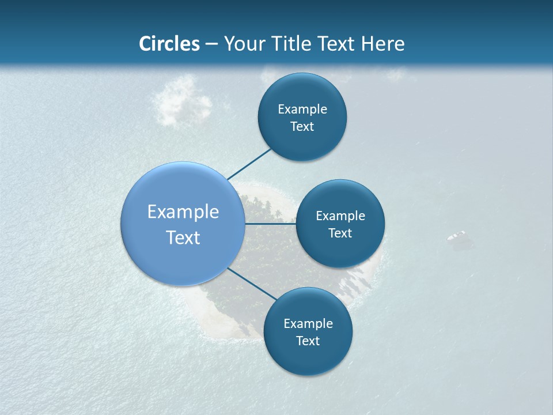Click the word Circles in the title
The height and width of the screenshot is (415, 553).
coord(169,44)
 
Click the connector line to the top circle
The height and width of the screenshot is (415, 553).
coord(249,164)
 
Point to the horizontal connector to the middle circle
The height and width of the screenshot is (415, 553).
coord(270,224)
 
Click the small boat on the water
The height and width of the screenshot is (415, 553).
coord(457,236)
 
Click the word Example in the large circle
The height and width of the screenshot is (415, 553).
coord(183,212)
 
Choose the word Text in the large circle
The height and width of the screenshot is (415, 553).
coord(183,237)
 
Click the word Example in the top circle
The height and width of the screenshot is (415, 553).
coord(302,109)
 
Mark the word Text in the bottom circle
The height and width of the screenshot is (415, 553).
coord(308,341)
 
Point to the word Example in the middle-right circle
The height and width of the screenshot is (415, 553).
coord(340,216)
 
